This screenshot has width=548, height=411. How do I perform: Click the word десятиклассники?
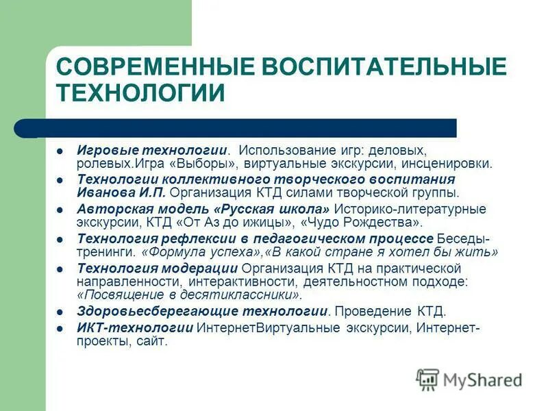(x=244, y=297)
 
